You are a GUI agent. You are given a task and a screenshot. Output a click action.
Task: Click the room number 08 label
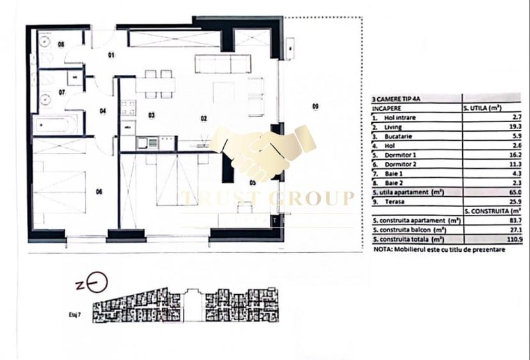[61, 44]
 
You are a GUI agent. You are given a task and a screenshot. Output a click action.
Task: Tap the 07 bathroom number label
[62, 92]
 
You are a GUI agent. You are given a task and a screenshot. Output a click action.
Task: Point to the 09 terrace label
[315, 106]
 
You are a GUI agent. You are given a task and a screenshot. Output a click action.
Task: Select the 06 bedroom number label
[99, 191]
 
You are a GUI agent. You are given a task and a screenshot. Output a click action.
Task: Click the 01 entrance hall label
[110, 56]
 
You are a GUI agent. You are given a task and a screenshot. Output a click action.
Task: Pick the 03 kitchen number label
[152, 115]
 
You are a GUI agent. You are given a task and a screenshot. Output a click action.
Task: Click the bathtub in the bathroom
[57, 124]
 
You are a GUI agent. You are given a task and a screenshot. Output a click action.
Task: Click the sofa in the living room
[221, 65]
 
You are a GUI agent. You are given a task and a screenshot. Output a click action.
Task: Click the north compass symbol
[97, 281]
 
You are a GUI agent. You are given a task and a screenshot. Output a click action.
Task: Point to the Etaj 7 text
[76, 315]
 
